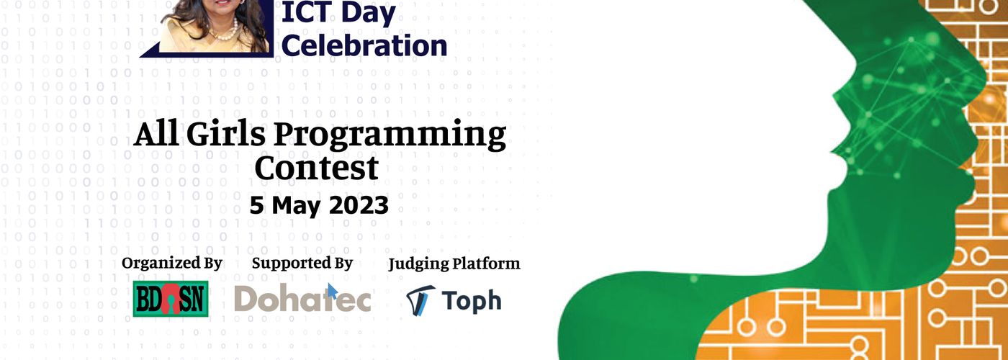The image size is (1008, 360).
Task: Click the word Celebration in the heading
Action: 364,45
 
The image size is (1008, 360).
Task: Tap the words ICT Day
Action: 338,13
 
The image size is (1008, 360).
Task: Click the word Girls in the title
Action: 226,134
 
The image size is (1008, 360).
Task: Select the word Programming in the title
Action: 390,136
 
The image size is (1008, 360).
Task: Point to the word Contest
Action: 316,168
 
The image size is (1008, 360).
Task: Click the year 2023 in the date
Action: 359,205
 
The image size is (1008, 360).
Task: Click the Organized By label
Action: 172,264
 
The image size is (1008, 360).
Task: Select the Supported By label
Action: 302,264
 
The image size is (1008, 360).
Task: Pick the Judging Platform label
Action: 454,264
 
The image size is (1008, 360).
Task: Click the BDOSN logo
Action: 171,299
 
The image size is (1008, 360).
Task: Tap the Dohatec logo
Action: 302,298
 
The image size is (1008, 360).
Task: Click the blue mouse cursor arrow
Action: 332,291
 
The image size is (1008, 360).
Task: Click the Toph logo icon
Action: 420,300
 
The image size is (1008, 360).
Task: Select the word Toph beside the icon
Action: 471,301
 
